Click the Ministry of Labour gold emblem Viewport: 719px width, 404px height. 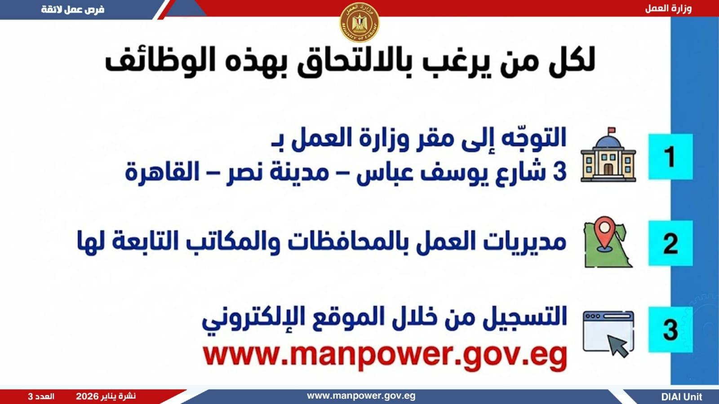[x=359, y=22]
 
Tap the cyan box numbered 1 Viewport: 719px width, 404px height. [x=670, y=157]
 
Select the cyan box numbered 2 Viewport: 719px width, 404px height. [x=670, y=243]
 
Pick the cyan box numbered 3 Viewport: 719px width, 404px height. [x=670, y=329]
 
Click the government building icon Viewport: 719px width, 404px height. [x=608, y=157]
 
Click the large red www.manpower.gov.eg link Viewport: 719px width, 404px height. [x=385, y=355]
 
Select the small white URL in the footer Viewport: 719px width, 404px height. [x=361, y=396]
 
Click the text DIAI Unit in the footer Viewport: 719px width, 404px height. [x=681, y=397]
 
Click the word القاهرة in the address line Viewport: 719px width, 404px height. [x=162, y=171]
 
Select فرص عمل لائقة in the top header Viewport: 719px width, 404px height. [x=73, y=9]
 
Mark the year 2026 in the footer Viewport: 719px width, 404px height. [x=87, y=396]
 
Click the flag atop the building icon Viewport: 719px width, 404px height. [x=612, y=131]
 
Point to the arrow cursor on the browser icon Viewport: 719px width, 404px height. [x=618, y=347]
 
